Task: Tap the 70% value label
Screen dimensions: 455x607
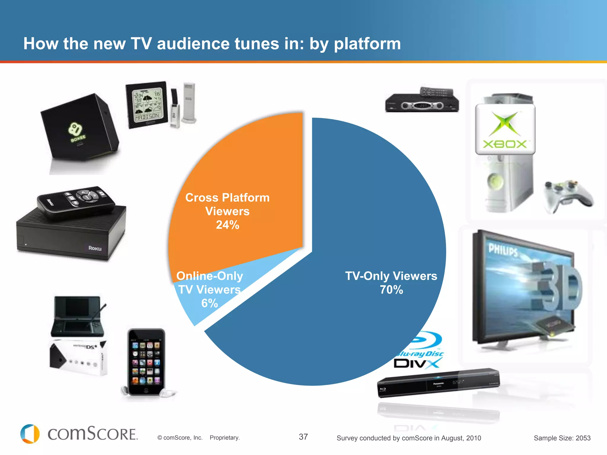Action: (x=391, y=290)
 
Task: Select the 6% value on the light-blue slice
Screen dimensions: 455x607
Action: (x=210, y=303)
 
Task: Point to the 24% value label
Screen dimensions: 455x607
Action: (x=227, y=225)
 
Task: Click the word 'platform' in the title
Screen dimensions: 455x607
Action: (x=367, y=44)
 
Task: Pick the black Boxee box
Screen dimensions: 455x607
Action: (x=80, y=127)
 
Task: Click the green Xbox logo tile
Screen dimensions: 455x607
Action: (x=505, y=129)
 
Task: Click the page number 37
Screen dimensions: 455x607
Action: (x=303, y=437)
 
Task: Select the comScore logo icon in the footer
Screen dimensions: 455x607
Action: (x=30, y=434)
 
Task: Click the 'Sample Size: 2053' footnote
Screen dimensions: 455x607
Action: (x=562, y=438)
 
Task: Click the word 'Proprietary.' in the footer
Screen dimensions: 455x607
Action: (x=225, y=438)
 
